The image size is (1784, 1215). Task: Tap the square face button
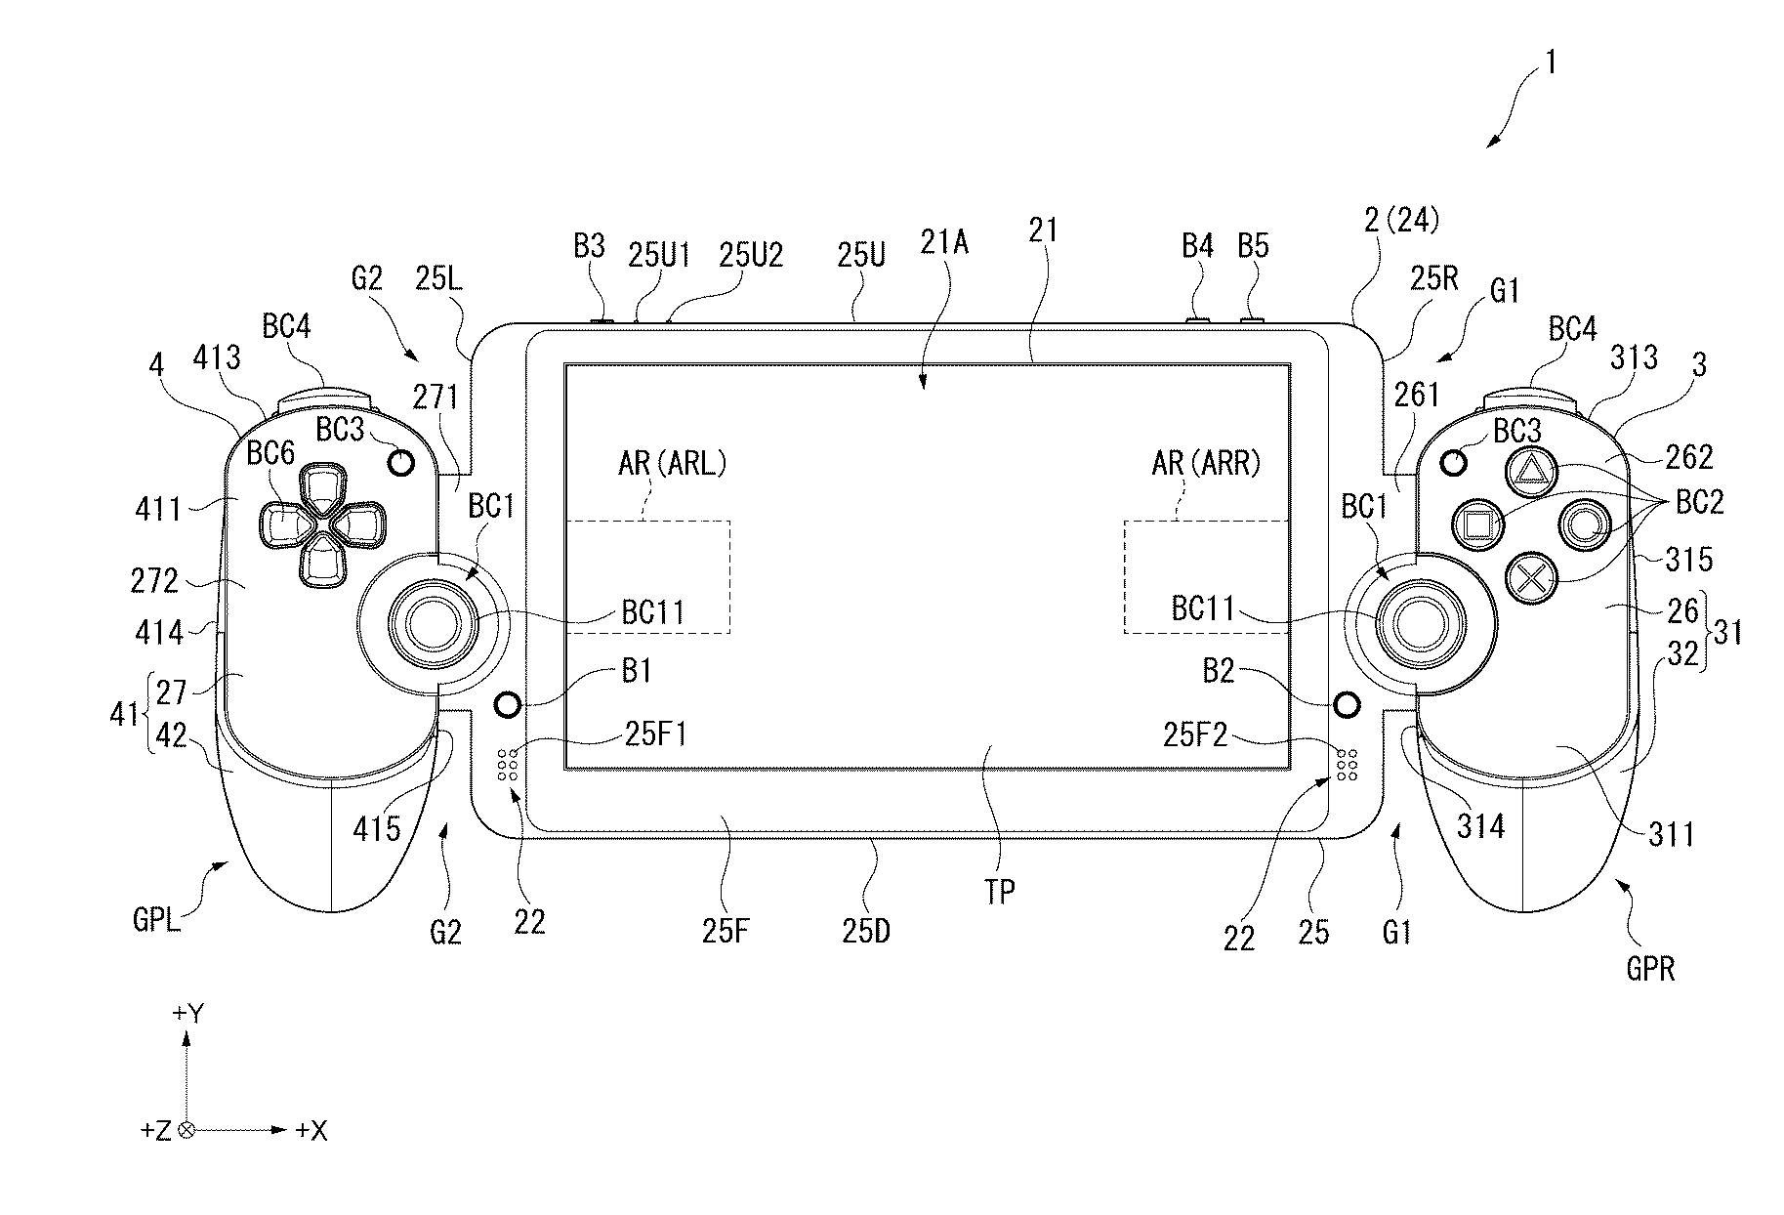(x=1476, y=524)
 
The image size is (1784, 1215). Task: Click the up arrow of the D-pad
(x=321, y=486)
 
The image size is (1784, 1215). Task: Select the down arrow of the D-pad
(x=321, y=564)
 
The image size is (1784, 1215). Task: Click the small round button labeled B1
(x=509, y=704)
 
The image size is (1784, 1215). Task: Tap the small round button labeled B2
(x=1347, y=704)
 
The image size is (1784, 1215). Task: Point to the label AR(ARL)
(x=673, y=463)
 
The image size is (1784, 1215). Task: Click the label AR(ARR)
(x=1206, y=463)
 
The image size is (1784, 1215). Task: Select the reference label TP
(x=1000, y=890)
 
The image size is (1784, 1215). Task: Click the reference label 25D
(x=866, y=930)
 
